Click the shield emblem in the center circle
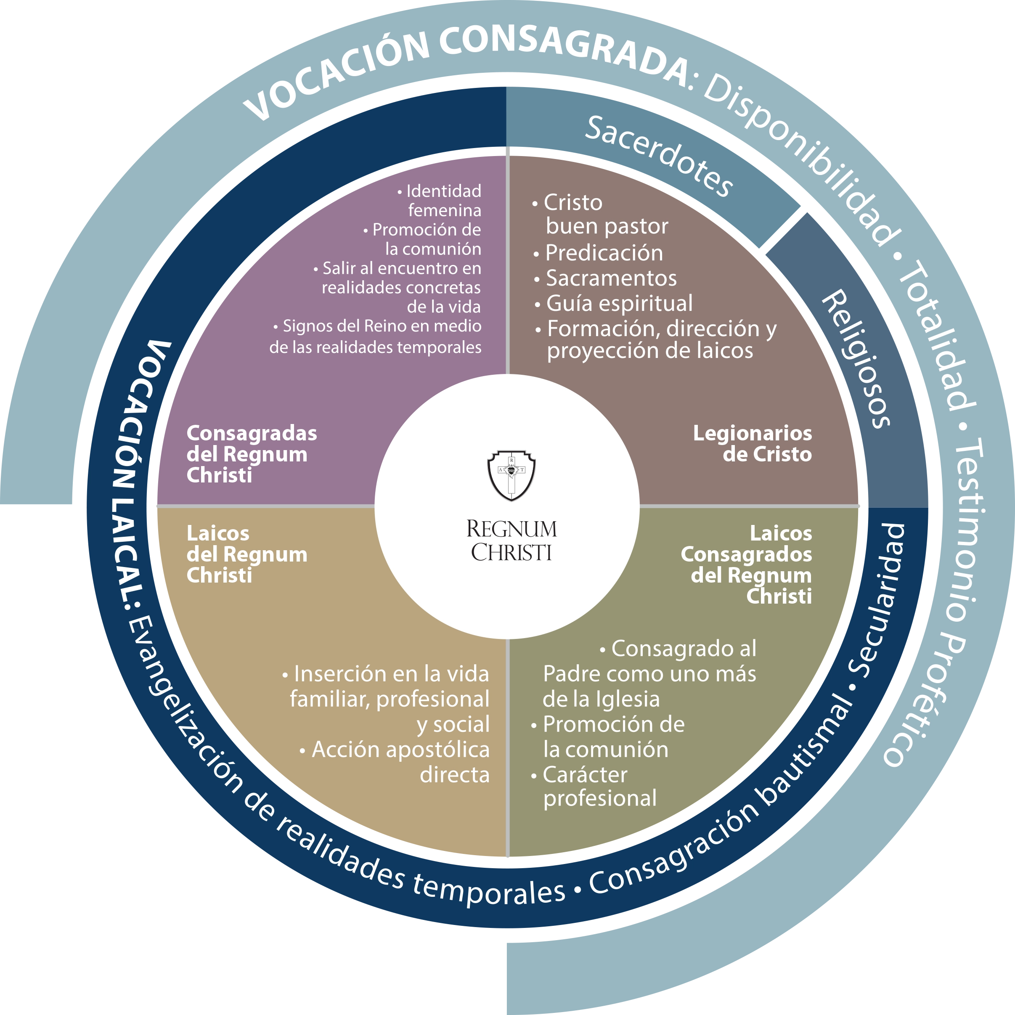coord(511,475)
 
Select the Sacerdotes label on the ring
coord(659,156)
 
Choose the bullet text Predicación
coord(604,253)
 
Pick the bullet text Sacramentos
coord(611,278)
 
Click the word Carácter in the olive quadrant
coord(585,775)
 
